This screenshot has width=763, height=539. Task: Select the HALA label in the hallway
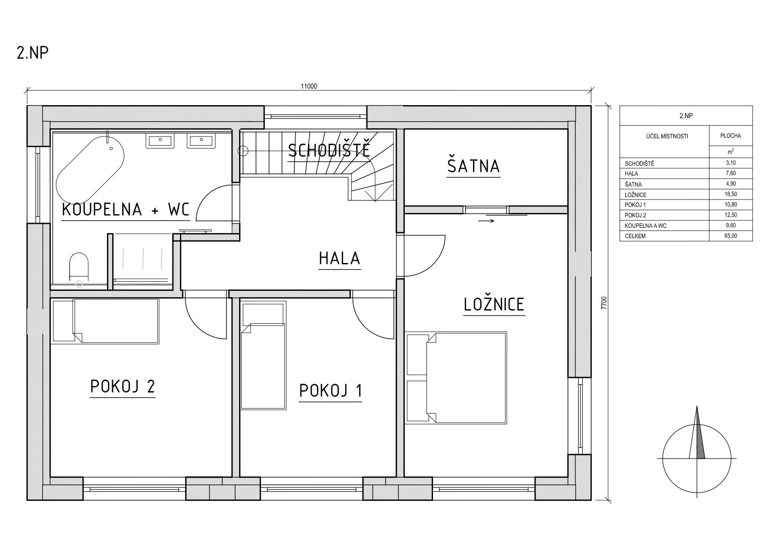pos(340,258)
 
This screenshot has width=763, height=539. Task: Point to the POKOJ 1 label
pos(330,391)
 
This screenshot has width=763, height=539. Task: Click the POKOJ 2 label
pos(123,386)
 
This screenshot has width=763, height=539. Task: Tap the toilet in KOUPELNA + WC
pos(79,266)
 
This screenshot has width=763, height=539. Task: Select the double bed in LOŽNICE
pos(456,377)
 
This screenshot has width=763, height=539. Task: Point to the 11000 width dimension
pos(309,86)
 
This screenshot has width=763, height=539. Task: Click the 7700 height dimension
pos(604,303)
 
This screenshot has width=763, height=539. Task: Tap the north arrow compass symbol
pos(697,456)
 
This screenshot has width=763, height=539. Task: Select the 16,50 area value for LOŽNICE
pos(730,194)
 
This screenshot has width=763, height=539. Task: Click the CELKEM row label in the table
pos(635,236)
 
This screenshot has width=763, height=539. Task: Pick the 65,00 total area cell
pos(730,236)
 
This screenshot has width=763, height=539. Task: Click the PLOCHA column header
pos(730,136)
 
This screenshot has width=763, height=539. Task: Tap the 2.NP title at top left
pos(33,53)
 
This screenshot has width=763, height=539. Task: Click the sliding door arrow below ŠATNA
pos(486,221)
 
